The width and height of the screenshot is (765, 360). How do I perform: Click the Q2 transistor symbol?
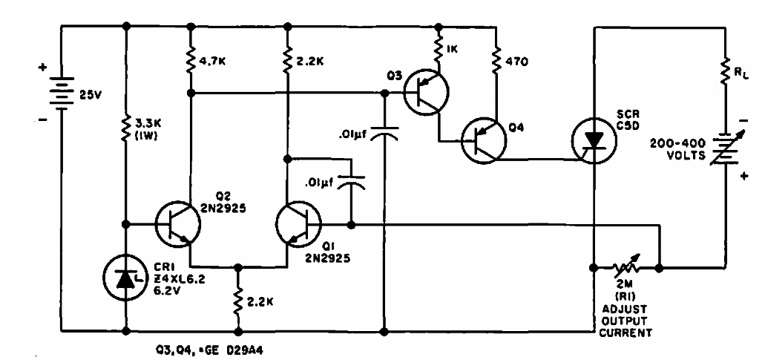pos(178,224)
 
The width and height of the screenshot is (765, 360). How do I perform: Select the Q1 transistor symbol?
pos(298,224)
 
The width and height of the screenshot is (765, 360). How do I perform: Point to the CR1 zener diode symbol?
pos(126,280)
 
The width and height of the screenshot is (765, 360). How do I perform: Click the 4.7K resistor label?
pos(214,62)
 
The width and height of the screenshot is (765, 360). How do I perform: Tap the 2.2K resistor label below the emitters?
pos(259,301)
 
